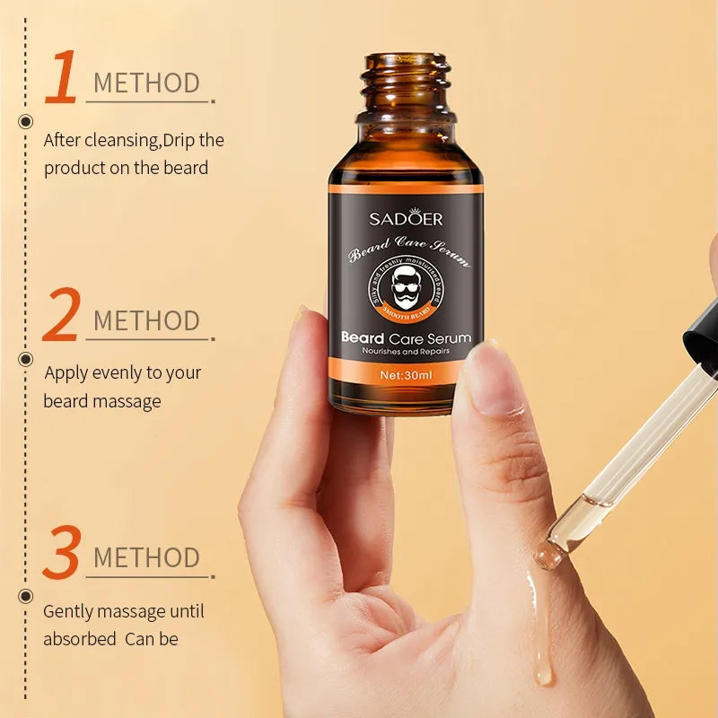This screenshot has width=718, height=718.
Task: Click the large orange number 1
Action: (x=62, y=78)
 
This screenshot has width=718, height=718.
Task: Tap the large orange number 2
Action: (x=61, y=316)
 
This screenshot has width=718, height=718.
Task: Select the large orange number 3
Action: (x=62, y=553)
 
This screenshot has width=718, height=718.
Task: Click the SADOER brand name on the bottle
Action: (x=407, y=218)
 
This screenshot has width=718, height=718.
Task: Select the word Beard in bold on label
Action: (x=363, y=337)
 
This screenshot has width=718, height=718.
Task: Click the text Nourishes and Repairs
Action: (x=407, y=353)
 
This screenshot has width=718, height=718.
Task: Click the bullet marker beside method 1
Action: (x=25, y=121)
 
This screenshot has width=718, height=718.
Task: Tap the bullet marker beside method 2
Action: (x=25, y=358)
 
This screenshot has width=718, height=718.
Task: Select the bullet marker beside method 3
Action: (x=25, y=595)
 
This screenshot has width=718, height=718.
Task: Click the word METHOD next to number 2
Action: (x=146, y=320)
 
